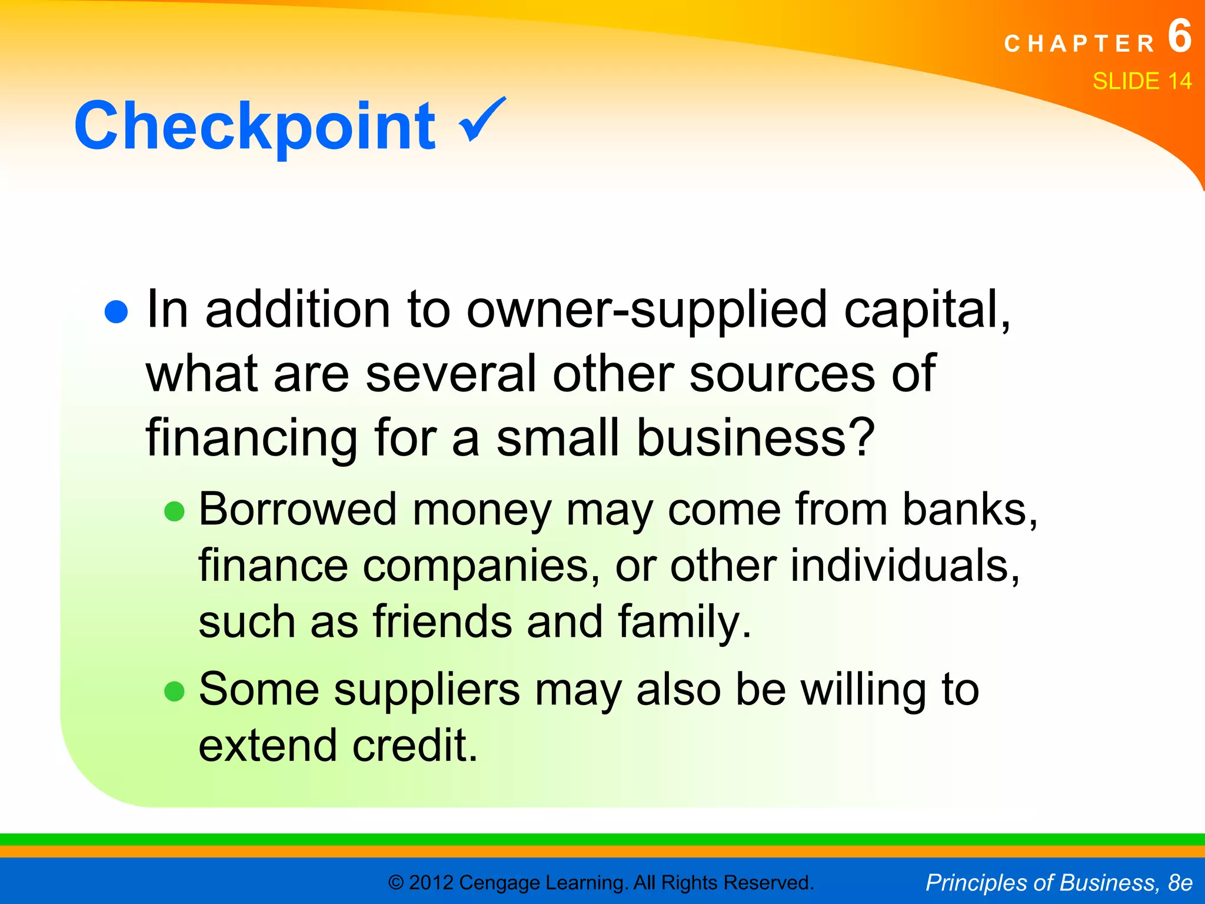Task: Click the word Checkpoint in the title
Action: (x=254, y=126)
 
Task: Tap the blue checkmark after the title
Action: (x=482, y=119)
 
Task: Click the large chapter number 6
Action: (x=1179, y=36)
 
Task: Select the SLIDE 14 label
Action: (x=1141, y=81)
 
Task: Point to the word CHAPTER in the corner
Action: (x=1080, y=44)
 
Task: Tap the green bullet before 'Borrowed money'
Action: (x=174, y=511)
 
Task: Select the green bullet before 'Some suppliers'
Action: (x=174, y=691)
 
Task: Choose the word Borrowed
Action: (x=298, y=509)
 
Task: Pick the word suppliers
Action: (x=427, y=690)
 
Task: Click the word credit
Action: (x=414, y=746)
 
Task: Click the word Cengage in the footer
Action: (x=500, y=883)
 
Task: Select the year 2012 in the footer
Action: (x=431, y=883)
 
